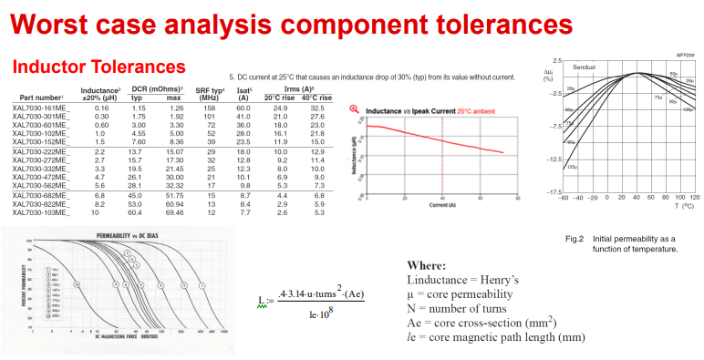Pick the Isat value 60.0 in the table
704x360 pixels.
(x=243, y=108)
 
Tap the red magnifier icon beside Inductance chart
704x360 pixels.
(x=355, y=109)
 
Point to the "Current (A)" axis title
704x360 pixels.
(x=441, y=205)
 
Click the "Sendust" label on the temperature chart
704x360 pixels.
(x=584, y=67)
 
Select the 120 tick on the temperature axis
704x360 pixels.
(x=696, y=198)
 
